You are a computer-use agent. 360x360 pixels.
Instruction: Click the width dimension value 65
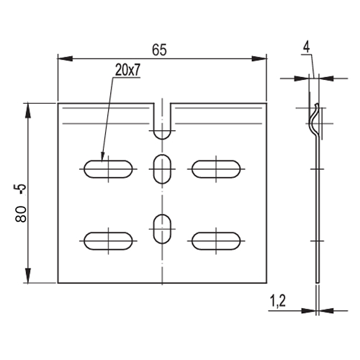point(159,50)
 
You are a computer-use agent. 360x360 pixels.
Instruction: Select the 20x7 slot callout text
point(127,70)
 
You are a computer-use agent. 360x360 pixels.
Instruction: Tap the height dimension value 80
point(21,214)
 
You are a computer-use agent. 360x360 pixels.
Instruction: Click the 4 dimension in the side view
point(306,48)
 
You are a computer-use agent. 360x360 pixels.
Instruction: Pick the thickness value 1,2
point(278,301)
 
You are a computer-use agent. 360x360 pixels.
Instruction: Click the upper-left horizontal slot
point(108,169)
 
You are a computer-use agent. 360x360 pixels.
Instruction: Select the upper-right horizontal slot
point(216,169)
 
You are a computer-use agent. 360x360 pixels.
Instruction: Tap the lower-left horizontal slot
point(108,241)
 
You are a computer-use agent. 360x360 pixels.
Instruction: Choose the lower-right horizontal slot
point(216,241)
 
